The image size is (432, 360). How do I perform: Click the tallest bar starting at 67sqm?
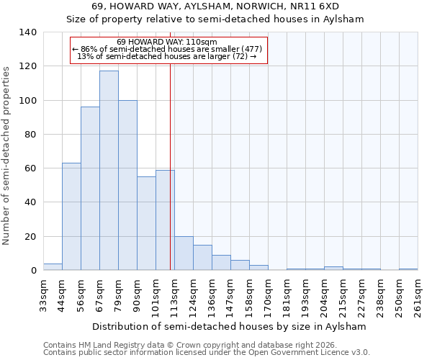pos(109,171)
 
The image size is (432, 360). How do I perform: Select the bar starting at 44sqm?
pos(71,217)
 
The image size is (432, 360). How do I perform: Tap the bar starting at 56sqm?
pos(90,189)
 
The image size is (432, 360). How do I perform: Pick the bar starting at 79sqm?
pos(127,185)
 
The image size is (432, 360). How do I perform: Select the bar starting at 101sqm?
pos(165,220)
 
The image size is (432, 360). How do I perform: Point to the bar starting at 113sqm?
pos(184,253)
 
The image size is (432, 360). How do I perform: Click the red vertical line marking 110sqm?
pos(170,144)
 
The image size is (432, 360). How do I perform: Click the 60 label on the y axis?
pos(30,168)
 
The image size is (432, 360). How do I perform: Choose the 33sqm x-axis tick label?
pos(43,294)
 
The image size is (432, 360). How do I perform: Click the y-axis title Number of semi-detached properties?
pos(6,156)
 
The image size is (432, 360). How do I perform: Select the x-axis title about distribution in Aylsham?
pos(230,327)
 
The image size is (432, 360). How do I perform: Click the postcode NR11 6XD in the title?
pos(320,6)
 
